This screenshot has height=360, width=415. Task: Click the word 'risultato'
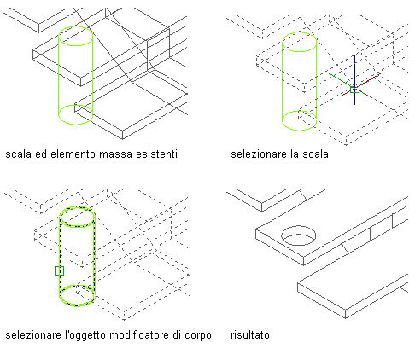250,334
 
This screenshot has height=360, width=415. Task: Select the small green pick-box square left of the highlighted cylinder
59,270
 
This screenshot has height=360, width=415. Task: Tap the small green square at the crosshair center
354,88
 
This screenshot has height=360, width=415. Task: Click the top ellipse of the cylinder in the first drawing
75,26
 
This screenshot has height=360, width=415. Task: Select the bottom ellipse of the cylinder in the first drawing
75,125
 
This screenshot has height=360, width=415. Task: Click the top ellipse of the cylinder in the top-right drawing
299,32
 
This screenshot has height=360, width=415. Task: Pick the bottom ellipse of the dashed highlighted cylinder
77,305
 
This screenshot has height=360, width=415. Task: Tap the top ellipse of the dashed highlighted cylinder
77,206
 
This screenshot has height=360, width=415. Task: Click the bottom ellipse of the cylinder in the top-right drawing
299,131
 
